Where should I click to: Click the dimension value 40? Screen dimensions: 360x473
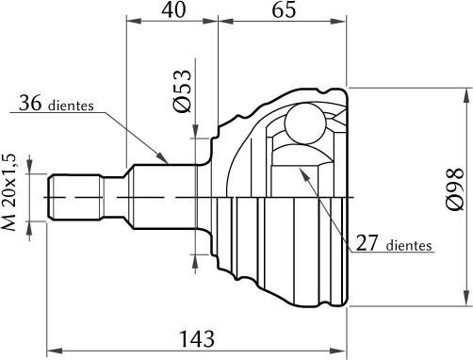172,12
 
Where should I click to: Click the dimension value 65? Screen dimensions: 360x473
284,12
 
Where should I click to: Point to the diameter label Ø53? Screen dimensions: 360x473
184,91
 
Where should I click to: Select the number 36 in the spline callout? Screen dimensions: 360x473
31,105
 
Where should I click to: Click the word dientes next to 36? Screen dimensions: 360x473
69,106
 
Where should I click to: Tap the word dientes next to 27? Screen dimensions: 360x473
408,246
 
